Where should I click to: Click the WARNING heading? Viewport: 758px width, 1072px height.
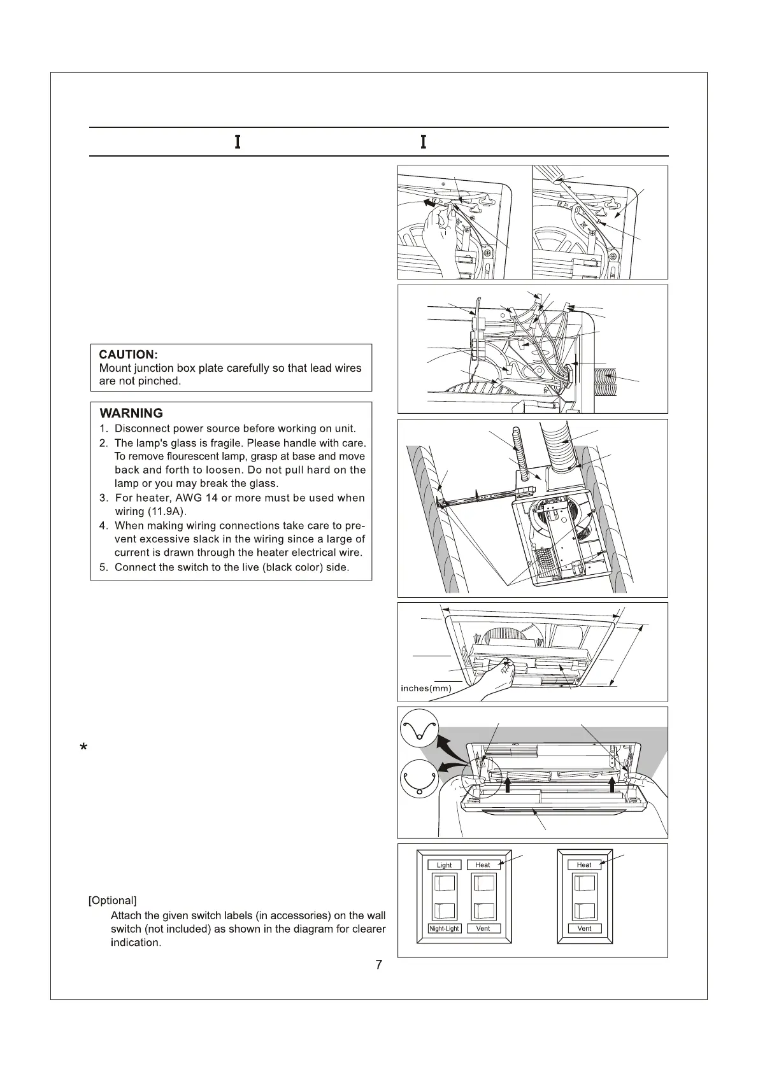point(131,413)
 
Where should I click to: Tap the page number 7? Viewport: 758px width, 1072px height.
point(379,965)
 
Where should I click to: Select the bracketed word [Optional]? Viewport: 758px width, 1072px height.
point(112,901)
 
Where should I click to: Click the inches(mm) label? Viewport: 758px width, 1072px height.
point(425,688)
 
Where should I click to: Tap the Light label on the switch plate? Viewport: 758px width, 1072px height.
point(444,865)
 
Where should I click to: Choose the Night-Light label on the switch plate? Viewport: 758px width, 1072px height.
point(444,929)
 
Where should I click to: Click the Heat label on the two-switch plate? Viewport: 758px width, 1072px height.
point(584,865)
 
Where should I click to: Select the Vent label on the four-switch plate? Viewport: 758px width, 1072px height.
point(483,929)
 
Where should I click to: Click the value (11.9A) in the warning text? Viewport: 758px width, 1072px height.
point(166,512)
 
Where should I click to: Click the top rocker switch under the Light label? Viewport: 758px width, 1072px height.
point(445,883)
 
